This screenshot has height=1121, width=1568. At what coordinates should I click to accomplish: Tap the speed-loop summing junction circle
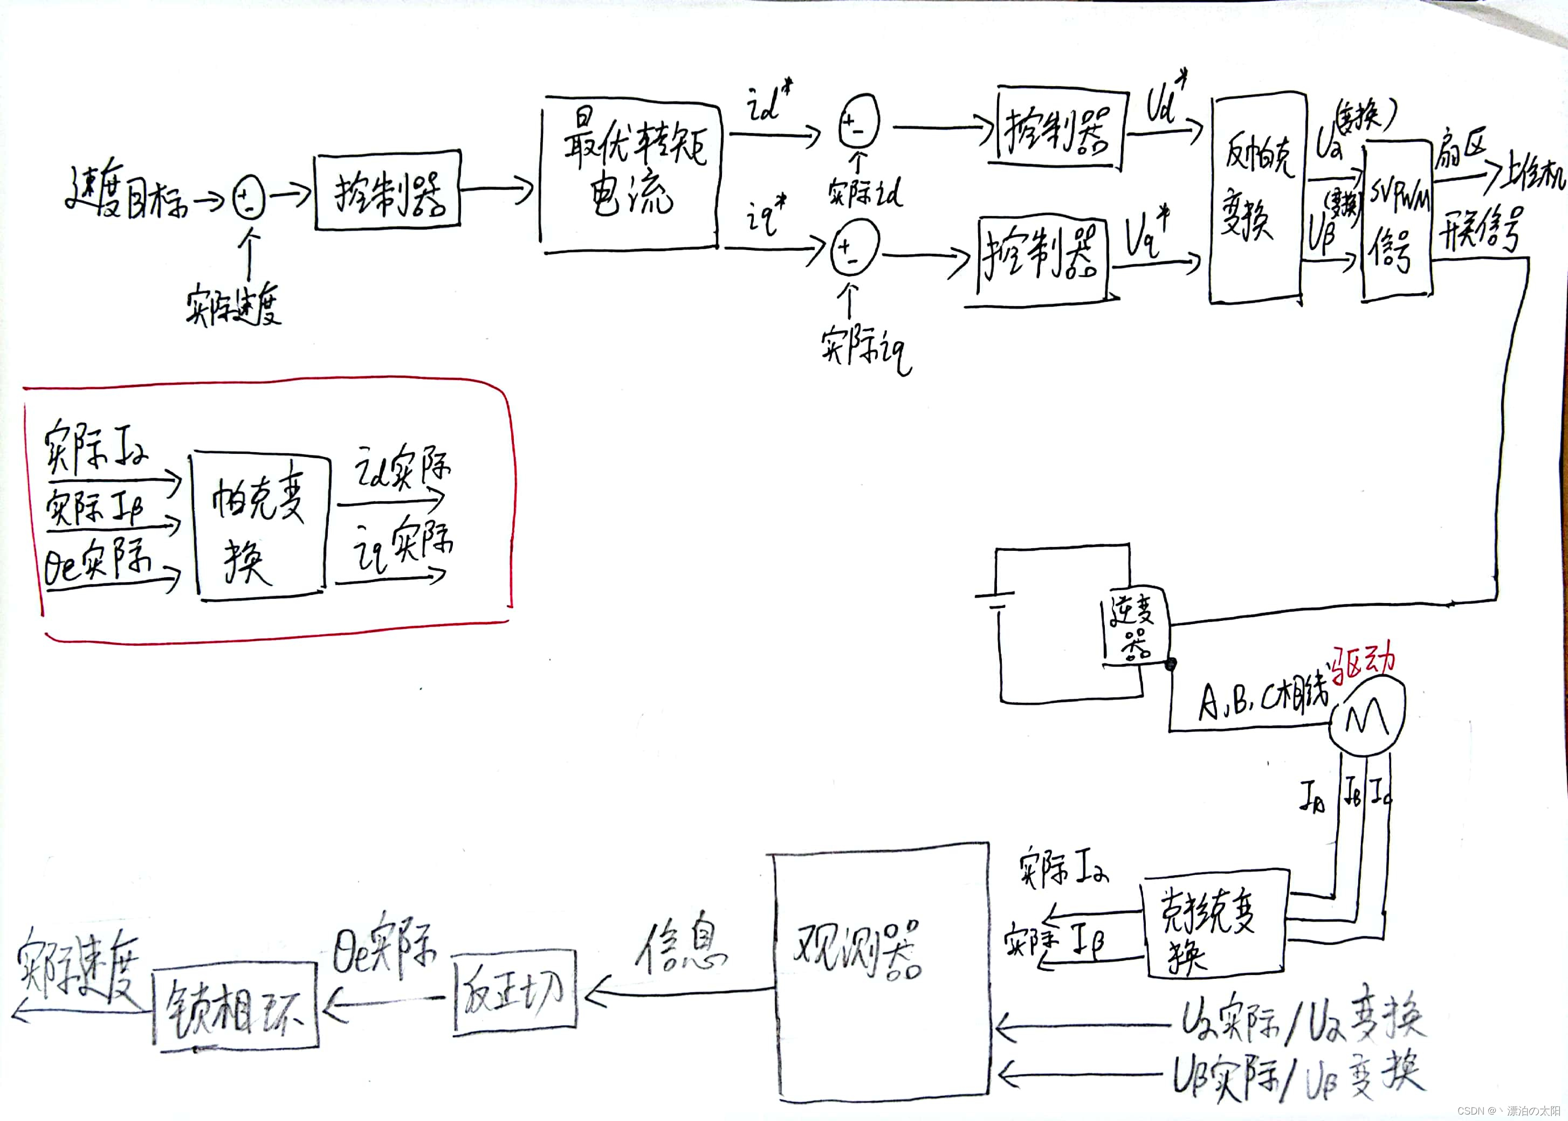[249, 197]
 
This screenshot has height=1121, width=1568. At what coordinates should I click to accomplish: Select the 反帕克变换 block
[1256, 197]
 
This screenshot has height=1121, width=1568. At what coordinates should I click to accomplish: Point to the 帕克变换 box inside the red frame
[259, 524]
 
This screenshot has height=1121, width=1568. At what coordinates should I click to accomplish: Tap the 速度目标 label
[128, 197]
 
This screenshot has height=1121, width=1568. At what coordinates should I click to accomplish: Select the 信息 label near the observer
[680, 949]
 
